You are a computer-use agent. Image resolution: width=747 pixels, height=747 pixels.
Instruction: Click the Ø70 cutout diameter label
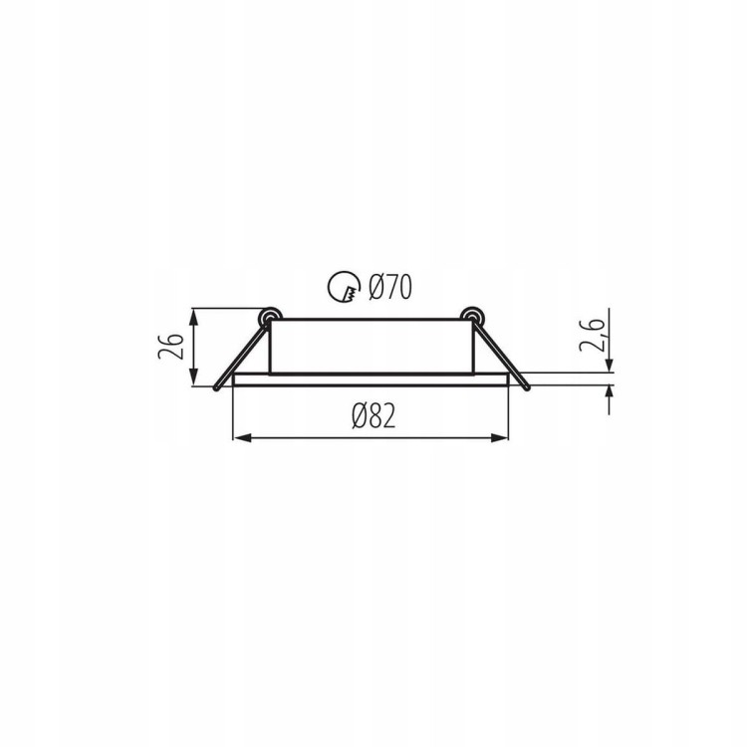(x=390, y=287)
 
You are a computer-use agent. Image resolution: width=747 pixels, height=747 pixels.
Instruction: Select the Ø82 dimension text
(x=373, y=416)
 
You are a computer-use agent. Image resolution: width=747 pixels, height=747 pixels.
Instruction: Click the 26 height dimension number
(x=171, y=347)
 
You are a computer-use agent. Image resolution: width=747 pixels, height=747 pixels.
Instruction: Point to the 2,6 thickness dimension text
(x=593, y=335)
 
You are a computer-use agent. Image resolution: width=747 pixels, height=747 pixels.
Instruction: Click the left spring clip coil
(x=269, y=317)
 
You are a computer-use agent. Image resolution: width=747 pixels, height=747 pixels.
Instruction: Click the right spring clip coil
(x=472, y=317)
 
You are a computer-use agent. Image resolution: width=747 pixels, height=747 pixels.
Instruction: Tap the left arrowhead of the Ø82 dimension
(x=242, y=438)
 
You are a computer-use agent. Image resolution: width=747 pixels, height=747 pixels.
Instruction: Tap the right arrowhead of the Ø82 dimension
(x=499, y=438)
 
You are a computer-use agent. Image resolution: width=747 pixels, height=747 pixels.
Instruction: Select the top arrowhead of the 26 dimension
(x=193, y=318)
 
